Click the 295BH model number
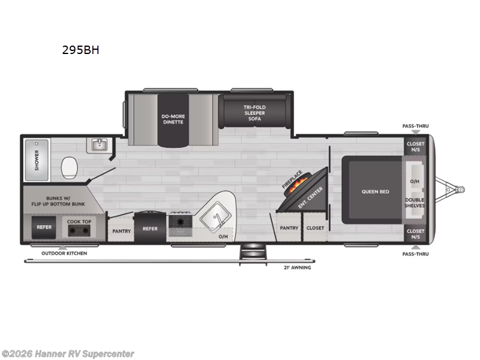pos(80,50)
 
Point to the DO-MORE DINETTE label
pos(172,118)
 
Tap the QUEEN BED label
pos(375,192)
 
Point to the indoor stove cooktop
pos(179,223)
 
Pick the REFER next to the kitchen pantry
pos(149,228)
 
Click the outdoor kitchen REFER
pos(44,227)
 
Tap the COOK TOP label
pos(79,221)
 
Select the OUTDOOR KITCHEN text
pos(64,253)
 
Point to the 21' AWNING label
pos(297,267)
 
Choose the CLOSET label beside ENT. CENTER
pos(315,228)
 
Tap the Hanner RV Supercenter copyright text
pos(68,354)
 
